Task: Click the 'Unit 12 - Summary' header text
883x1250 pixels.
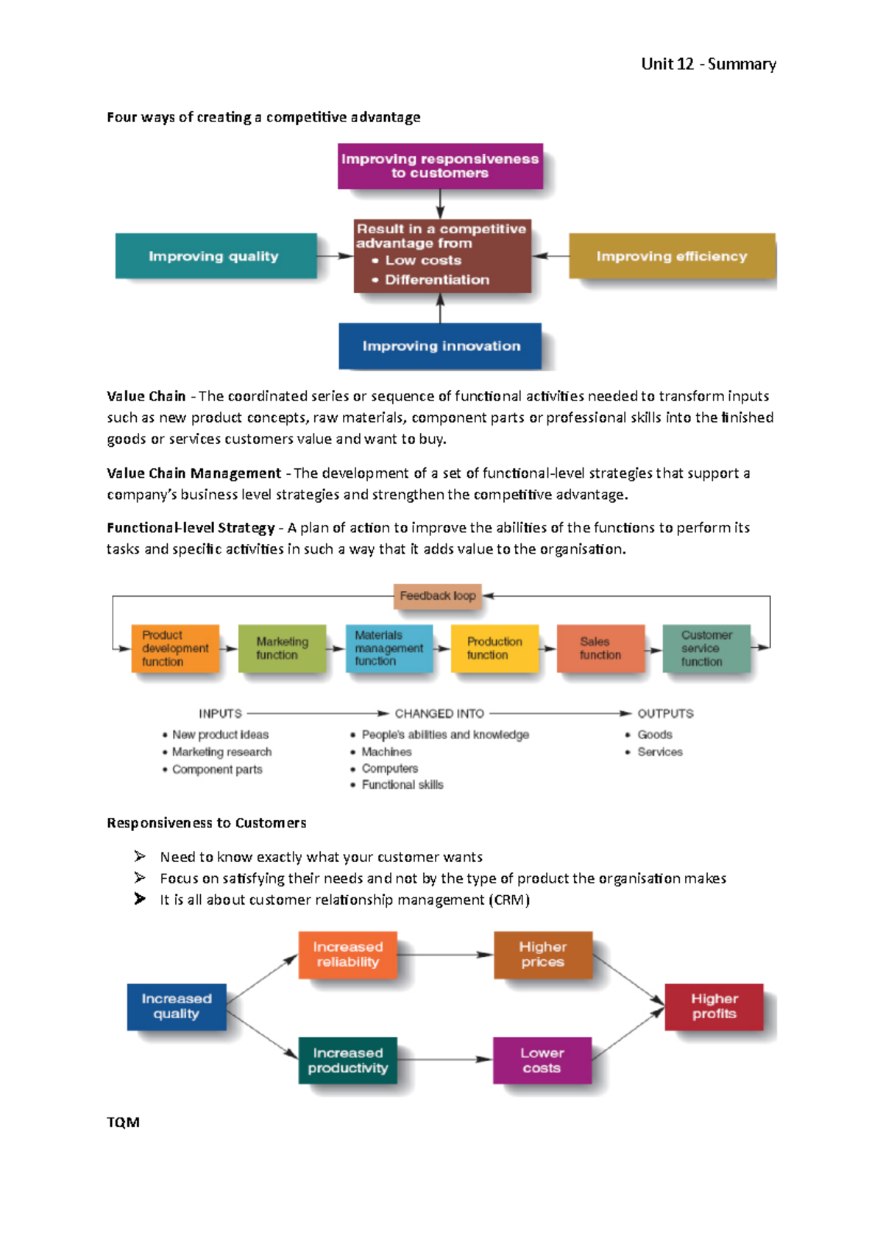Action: coord(708,64)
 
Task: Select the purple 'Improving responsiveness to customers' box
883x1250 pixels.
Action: coord(440,166)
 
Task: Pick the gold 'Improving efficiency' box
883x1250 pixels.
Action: coord(671,256)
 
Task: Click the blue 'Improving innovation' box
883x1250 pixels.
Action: coord(440,346)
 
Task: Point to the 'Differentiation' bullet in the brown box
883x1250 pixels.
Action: coord(436,280)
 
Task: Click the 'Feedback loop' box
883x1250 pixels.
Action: coord(438,596)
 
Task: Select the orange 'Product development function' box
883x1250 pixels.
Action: coord(175,649)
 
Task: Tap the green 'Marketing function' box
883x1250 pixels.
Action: coord(282,649)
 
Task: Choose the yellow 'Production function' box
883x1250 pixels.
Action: coord(494,649)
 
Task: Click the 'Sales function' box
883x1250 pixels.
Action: coord(600,649)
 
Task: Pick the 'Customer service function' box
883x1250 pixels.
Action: coord(706,649)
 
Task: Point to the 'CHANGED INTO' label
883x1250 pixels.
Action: coord(439,713)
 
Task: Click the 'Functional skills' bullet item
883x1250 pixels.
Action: coord(402,785)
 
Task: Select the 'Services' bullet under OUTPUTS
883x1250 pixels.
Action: coord(659,752)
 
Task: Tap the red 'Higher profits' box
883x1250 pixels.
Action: coord(714,1006)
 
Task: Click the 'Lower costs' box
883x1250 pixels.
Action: coord(542,1061)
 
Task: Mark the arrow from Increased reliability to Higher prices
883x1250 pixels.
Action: coord(445,955)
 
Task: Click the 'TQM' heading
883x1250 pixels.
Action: coord(123,1123)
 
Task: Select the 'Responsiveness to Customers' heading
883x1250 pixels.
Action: coord(206,823)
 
